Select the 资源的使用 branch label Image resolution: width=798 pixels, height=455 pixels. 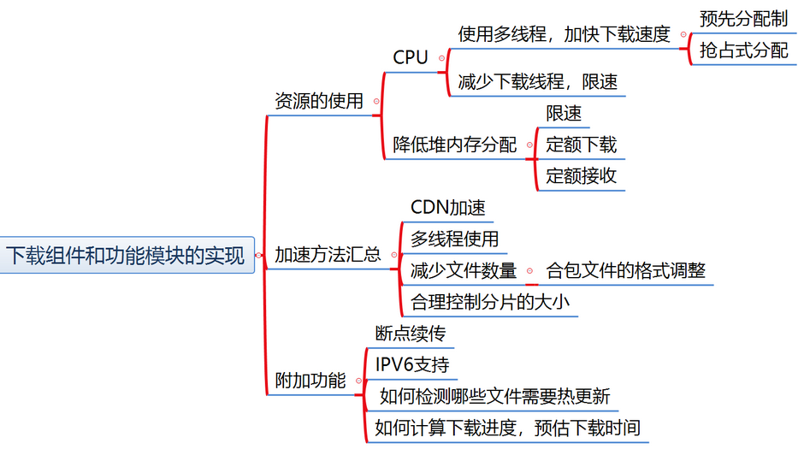pos(318,101)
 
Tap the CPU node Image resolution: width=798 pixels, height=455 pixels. pos(411,58)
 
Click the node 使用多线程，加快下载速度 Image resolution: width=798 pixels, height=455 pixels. pos(565,34)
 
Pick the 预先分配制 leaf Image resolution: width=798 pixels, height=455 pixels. pos(743,19)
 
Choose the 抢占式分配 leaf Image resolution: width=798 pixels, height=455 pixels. pos(743,50)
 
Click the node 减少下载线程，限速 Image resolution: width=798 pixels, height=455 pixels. pos(538,82)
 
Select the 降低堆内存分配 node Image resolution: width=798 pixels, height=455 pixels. pos(455,145)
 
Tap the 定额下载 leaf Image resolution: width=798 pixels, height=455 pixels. pos(582,145)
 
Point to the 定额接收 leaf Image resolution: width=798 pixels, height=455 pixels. pos(582,176)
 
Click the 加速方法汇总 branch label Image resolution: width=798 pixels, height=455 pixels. pos(328,255)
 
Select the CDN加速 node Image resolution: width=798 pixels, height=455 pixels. pos(448,208)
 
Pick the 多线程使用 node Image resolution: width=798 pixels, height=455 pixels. pos(454,239)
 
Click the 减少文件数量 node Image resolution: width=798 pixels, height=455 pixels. pos(464,271)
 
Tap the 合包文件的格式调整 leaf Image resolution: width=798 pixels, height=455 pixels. pos(626,271)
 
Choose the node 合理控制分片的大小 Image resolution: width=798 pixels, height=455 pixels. pos(490,302)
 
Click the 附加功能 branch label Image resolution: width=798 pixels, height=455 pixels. pos(310,381)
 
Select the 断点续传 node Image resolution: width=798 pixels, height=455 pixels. pos(411,334)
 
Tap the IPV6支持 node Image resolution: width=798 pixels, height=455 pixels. pos(412,364)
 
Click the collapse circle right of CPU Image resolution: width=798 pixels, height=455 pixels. pos(441,58)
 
